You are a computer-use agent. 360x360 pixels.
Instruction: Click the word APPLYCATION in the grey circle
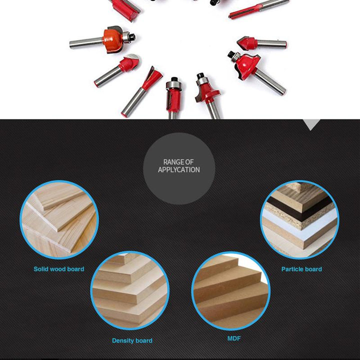pos(178,170)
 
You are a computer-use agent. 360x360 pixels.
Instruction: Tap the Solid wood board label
pos(59,269)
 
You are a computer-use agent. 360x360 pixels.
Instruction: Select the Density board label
pos(132,340)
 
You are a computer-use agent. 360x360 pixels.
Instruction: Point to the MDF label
pos(234,338)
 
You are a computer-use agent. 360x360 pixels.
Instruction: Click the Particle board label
pos(301,269)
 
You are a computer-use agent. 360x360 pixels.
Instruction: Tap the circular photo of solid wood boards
pos(59,219)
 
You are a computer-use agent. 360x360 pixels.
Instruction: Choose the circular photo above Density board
pos(130,290)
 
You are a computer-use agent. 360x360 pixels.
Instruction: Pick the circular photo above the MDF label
pos(230,291)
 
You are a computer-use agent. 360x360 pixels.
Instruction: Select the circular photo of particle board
pos(299,219)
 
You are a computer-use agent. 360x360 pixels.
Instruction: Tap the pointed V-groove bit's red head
pos(247,43)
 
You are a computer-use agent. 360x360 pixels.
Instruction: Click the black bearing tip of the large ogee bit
pos(230,54)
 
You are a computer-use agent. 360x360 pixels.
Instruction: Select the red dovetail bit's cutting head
pos(152,78)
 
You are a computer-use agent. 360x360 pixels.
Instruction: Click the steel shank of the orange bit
pos(86,42)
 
